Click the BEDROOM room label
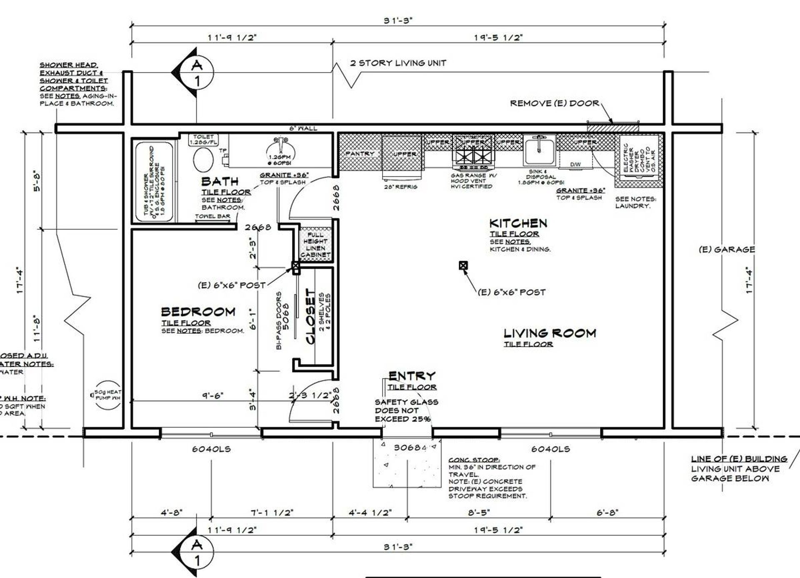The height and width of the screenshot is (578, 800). pos(198,312)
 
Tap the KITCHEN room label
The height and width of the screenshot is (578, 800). pos(518,223)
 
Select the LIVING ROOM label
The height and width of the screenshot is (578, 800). pos(550,333)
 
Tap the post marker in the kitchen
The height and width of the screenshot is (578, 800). pos(463,265)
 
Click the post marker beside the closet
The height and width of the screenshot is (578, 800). pos(295,266)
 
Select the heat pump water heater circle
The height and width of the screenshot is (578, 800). pos(107,395)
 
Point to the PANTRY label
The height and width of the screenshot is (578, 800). pos(360,154)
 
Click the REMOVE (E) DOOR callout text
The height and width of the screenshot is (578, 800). pos(554,103)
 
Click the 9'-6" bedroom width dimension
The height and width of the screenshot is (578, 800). pos(212,395)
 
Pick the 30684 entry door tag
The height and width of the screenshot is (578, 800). pos(410,448)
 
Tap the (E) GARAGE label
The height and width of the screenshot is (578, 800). pos(726,250)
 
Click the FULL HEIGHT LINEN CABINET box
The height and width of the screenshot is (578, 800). pos(315,245)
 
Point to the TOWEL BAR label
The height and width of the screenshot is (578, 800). pos(212,216)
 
